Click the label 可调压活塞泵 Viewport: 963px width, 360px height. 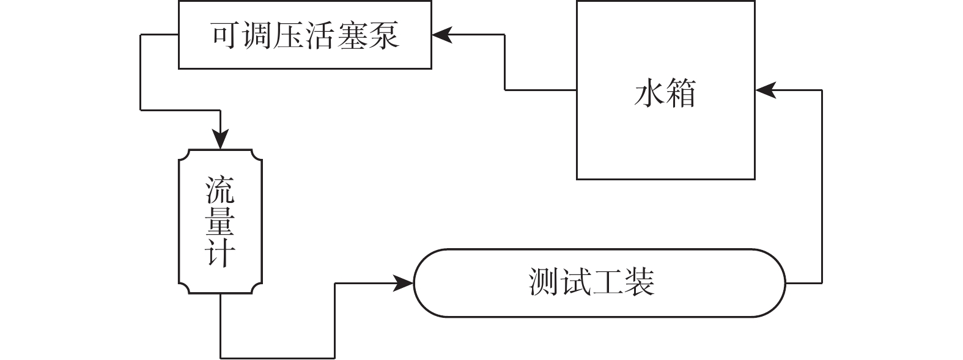(305, 35)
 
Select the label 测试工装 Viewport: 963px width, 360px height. (592, 283)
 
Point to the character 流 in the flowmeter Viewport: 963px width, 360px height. (220, 190)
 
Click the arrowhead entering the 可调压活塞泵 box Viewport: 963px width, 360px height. (441, 35)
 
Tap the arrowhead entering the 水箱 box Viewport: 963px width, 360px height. (765, 90)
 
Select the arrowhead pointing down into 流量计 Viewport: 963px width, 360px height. (220, 140)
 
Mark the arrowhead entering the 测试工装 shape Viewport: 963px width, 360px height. (404, 283)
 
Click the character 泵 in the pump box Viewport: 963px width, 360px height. (384, 35)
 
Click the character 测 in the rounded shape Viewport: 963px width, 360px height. (544, 283)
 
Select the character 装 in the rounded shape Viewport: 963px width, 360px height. (640, 283)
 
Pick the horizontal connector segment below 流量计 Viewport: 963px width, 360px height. (277, 358)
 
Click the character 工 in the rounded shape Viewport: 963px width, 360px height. (608, 283)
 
